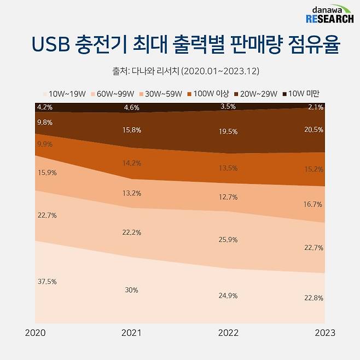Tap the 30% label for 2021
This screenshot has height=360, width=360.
[131, 290]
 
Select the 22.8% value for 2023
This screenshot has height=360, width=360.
[313, 298]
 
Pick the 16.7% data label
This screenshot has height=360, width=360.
[313, 204]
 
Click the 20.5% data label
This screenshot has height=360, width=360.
[313, 130]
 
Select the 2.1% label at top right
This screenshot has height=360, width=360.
[315, 107]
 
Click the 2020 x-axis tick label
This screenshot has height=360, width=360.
[36, 333]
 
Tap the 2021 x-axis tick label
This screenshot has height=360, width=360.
[132, 333]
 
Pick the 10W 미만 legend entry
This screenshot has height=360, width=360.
[301, 94]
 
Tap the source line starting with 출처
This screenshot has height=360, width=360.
[181, 71]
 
